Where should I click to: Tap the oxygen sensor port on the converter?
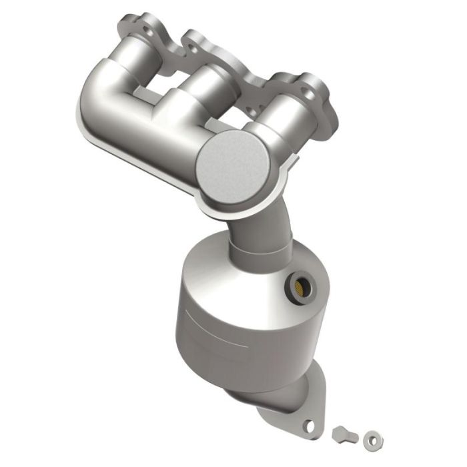pos(298,287)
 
